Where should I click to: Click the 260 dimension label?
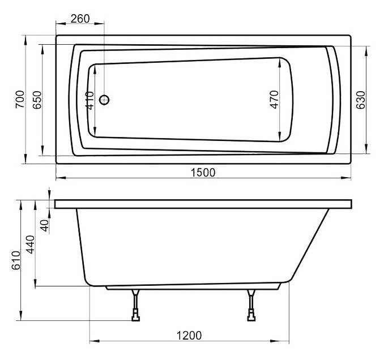[80, 19]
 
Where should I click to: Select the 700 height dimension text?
[20, 99]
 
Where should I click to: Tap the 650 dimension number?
[37, 100]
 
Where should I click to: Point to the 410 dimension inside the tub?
[89, 101]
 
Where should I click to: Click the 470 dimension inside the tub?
[274, 100]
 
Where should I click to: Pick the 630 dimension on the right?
[360, 100]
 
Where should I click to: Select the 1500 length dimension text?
[203, 173]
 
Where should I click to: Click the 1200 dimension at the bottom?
[189, 336]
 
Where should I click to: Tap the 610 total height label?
[16, 260]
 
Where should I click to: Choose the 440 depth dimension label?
[31, 245]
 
